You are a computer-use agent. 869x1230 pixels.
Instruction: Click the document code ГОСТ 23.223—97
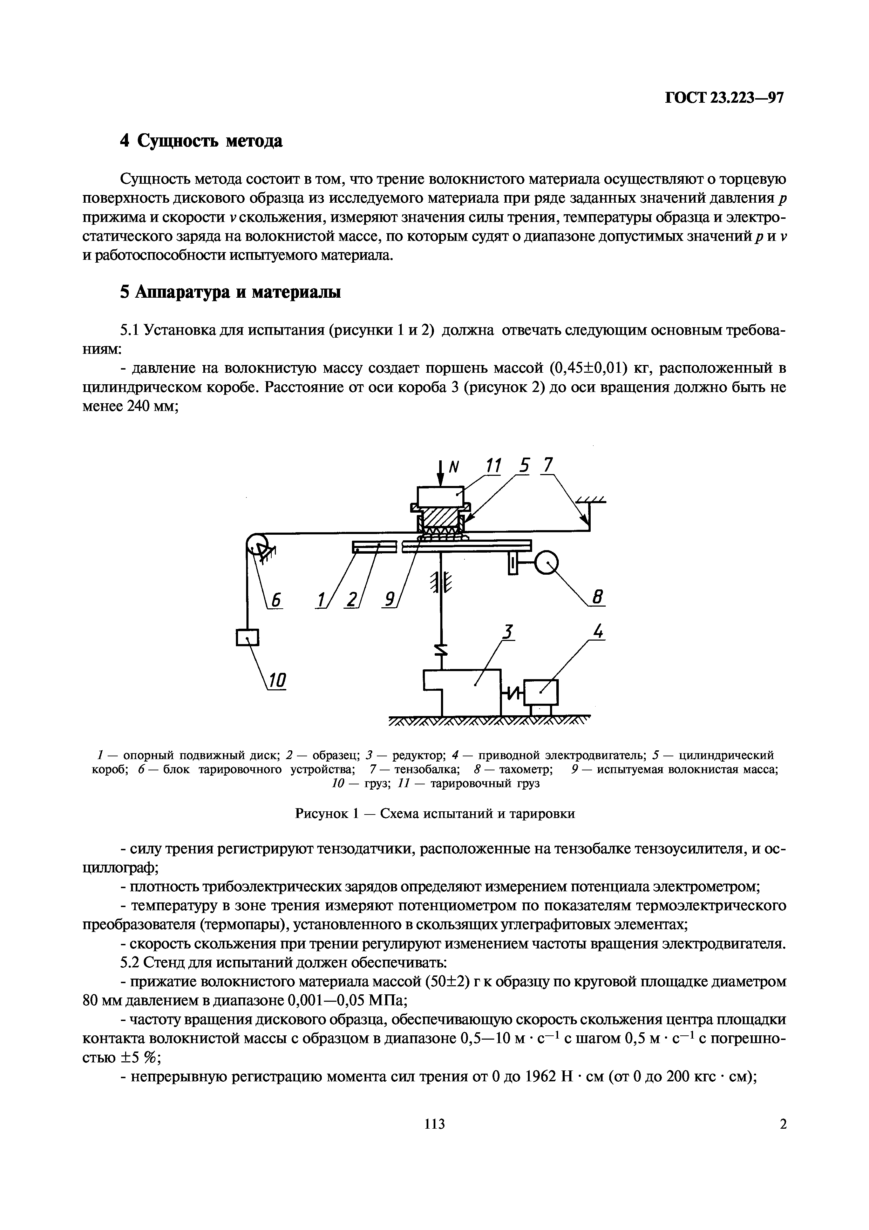click(x=724, y=98)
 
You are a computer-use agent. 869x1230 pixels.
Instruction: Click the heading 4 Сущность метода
click(x=201, y=141)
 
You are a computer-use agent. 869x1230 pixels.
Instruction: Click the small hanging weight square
click(x=247, y=637)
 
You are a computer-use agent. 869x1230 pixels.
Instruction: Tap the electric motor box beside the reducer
click(x=541, y=691)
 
